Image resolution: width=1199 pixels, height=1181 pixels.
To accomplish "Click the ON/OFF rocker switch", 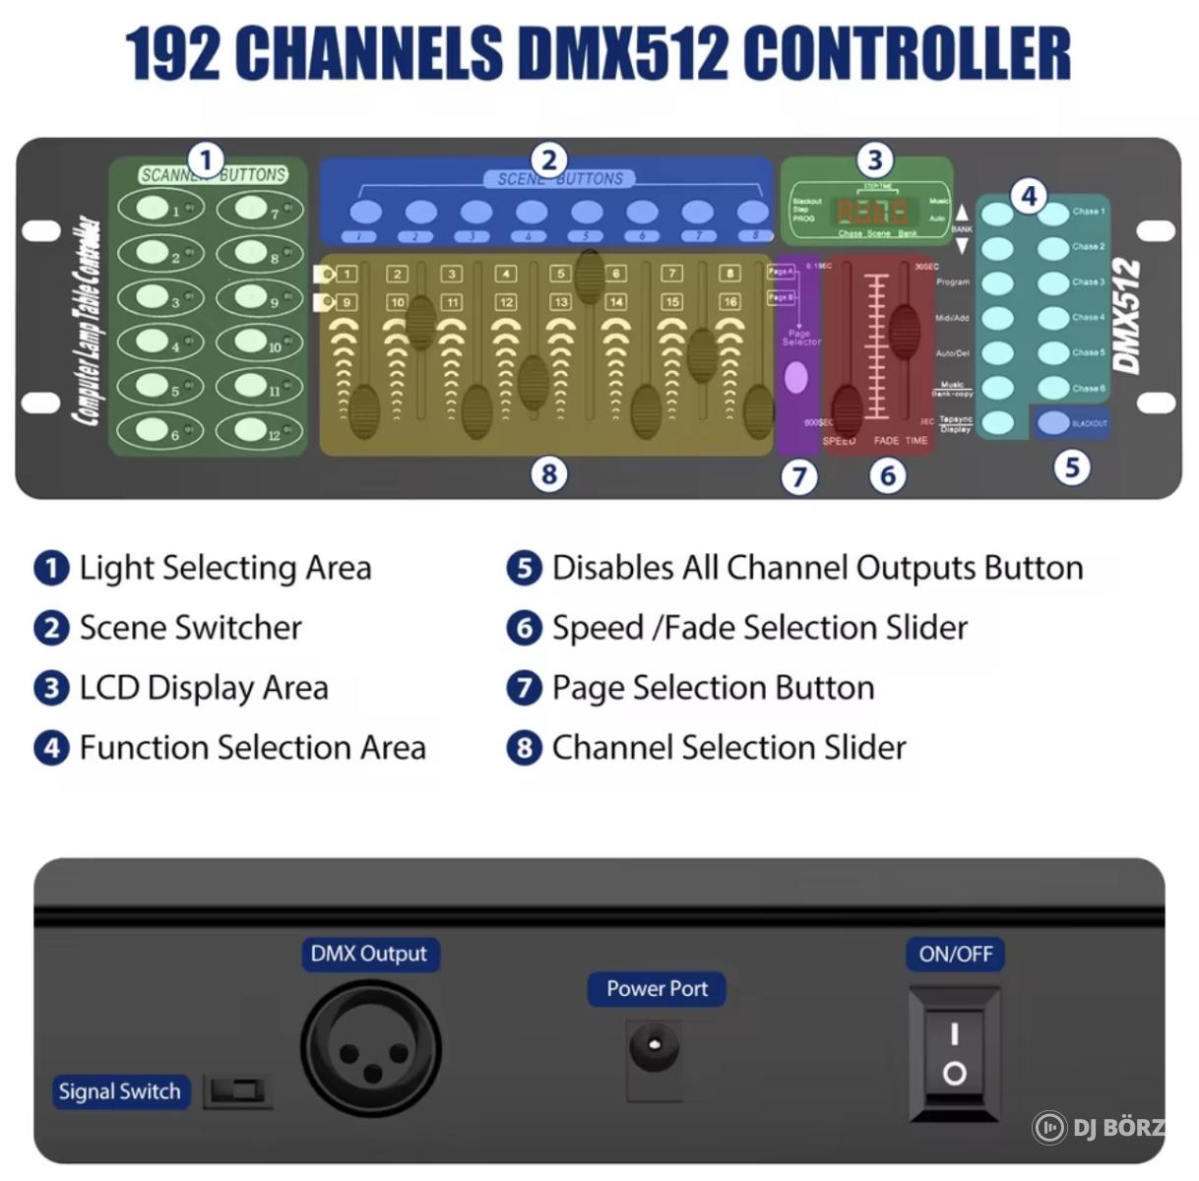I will (x=954, y=1054).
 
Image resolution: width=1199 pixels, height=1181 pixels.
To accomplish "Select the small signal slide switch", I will (x=237, y=1091).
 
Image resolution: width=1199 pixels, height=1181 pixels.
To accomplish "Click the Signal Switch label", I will (x=119, y=1091).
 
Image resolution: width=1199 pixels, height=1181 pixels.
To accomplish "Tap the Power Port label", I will (x=657, y=989).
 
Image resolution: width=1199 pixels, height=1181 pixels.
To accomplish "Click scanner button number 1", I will (x=153, y=209).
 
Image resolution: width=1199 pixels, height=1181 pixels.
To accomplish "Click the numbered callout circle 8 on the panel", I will (x=548, y=474).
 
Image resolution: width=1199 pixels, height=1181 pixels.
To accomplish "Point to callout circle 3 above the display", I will (x=874, y=159).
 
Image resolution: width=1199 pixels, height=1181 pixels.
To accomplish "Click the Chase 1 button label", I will (x=1088, y=212).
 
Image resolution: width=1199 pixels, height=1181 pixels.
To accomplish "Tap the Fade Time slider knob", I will (x=904, y=330).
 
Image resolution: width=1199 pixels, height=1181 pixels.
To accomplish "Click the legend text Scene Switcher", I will (x=191, y=628).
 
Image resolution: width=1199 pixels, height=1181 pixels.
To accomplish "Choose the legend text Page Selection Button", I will (x=713, y=688).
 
